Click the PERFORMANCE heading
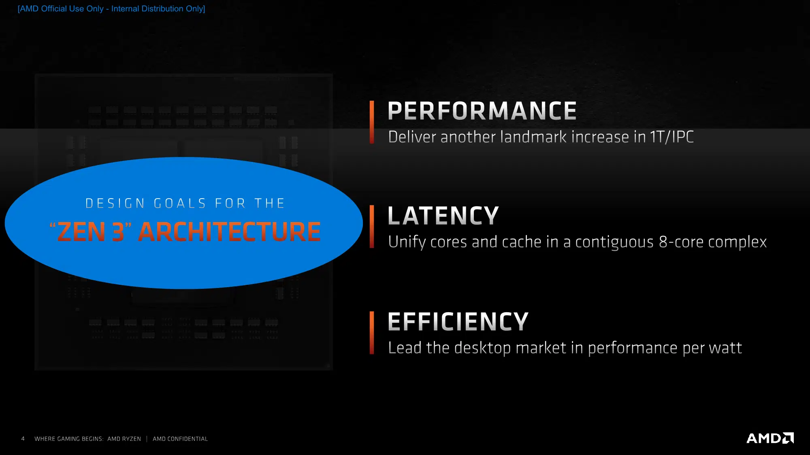482,111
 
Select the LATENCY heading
443,216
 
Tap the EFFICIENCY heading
458,322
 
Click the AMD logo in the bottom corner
770,438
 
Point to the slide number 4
23,439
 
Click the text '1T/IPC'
672,137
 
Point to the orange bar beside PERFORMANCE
372,122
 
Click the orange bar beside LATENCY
372,226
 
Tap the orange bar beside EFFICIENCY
372,332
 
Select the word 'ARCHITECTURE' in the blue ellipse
229,232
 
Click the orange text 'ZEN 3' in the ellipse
91,232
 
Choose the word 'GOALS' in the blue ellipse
180,203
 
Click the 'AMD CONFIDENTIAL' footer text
180,439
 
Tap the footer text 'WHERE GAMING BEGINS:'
69,439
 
